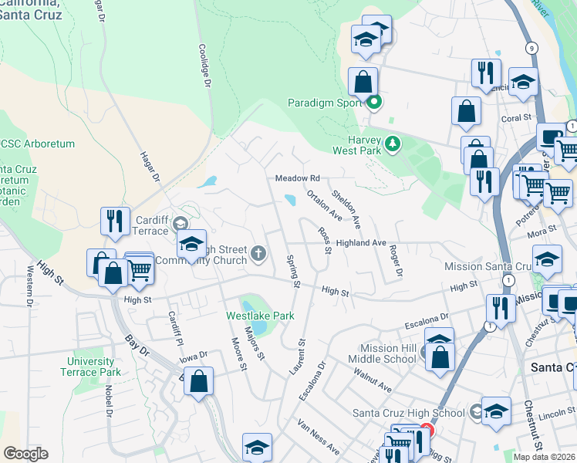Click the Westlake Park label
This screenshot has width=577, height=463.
(x=249, y=316)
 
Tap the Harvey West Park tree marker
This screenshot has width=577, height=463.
(x=393, y=143)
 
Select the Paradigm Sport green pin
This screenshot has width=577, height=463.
(x=374, y=102)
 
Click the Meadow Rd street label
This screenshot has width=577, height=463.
(x=298, y=178)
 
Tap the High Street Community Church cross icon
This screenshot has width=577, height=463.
(x=259, y=252)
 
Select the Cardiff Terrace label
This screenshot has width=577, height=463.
(x=146, y=225)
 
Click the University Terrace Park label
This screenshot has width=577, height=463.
(x=93, y=367)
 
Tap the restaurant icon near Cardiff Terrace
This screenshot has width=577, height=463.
(x=115, y=220)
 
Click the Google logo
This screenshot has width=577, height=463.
(x=25, y=454)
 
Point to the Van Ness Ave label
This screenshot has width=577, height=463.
(x=319, y=437)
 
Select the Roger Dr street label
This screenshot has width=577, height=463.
(x=396, y=262)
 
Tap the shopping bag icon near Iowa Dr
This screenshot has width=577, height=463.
(x=199, y=380)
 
